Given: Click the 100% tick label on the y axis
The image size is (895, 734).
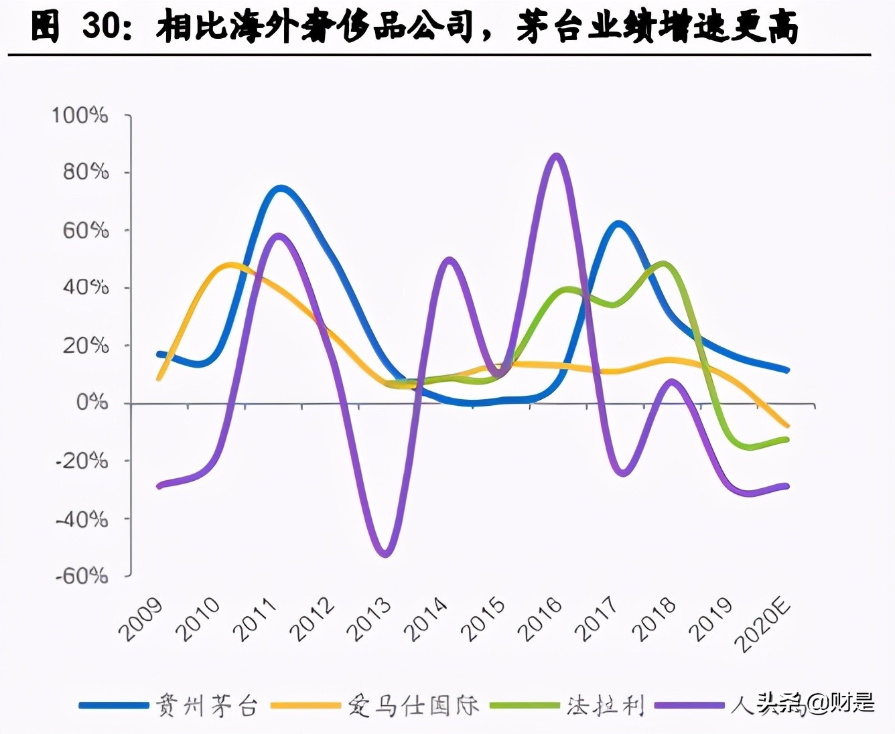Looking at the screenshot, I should click(80, 115).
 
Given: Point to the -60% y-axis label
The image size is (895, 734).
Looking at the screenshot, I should click(81, 576).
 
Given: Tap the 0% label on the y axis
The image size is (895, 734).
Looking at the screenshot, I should click(92, 402).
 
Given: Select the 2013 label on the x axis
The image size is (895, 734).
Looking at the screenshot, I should click(369, 619).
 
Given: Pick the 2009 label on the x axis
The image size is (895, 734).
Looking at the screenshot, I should click(141, 619).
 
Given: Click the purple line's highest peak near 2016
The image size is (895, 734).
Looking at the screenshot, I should click(556, 156).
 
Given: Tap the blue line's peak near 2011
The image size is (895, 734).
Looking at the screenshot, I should click(280, 189).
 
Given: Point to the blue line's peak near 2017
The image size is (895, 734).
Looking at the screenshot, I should click(618, 224).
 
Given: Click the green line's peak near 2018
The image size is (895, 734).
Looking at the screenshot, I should click(663, 263).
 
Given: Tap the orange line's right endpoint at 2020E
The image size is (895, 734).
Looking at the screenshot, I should click(787, 425).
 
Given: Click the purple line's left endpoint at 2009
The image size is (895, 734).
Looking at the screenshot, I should click(159, 486).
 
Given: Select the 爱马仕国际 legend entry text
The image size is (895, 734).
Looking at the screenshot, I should click(413, 705).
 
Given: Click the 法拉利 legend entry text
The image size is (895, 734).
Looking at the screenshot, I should click(605, 705).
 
